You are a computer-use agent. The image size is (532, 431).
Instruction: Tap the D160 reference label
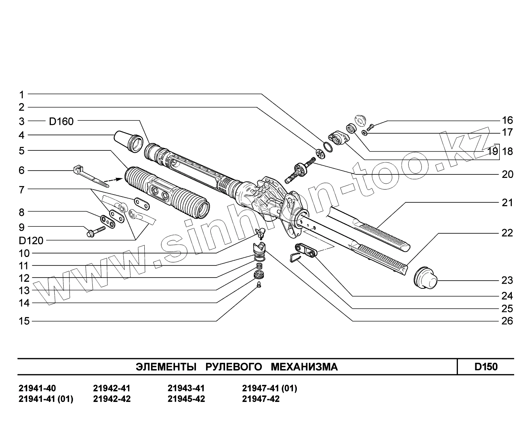61,121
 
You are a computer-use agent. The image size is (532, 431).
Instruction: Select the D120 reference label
31,241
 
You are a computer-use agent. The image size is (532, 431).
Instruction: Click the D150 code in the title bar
486,367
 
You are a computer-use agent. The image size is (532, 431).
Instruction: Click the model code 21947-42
260,399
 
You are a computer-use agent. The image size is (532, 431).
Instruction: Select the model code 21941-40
37,388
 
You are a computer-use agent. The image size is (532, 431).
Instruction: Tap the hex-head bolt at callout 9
94,232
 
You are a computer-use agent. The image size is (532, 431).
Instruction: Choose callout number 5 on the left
22,151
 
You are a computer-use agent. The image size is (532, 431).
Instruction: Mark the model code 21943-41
186,388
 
